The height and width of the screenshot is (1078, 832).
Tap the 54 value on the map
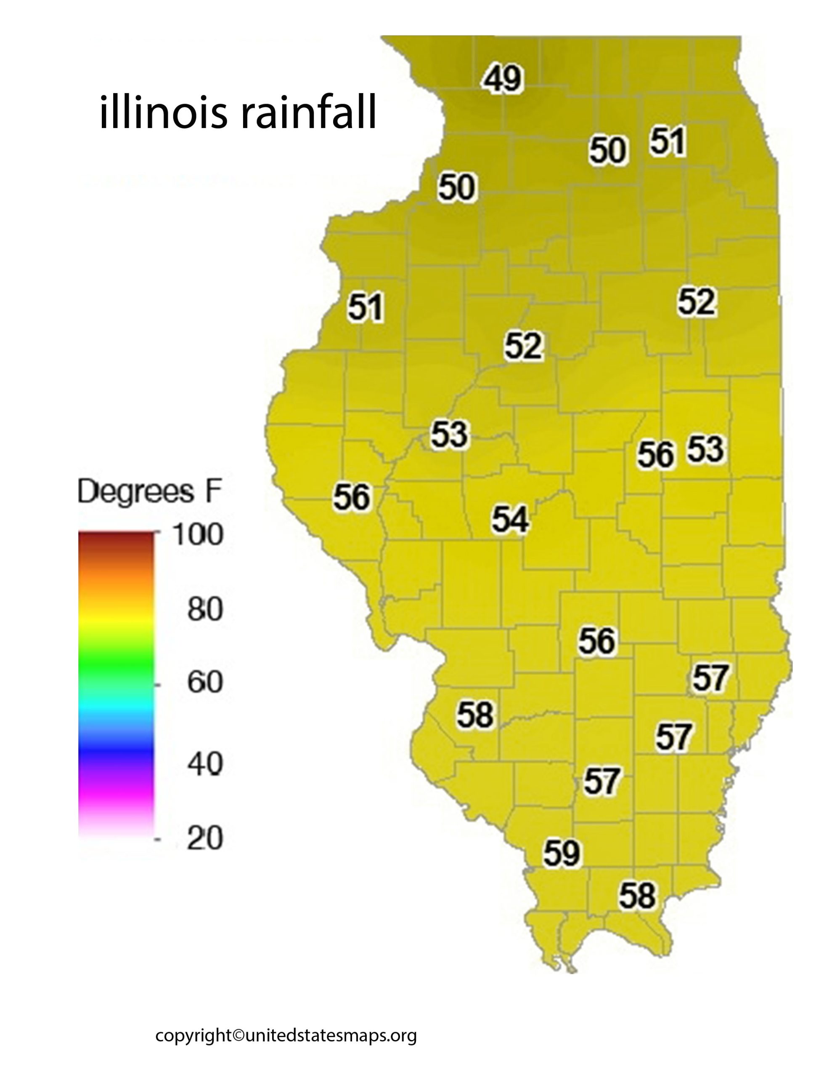coord(511,519)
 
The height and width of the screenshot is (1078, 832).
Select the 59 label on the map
coord(562,853)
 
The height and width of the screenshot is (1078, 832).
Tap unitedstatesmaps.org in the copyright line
coord(331,1035)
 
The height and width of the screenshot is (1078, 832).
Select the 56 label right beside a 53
coord(655,454)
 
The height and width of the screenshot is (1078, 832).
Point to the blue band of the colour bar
coord(116,745)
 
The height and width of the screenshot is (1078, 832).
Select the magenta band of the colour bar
coord(116,795)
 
